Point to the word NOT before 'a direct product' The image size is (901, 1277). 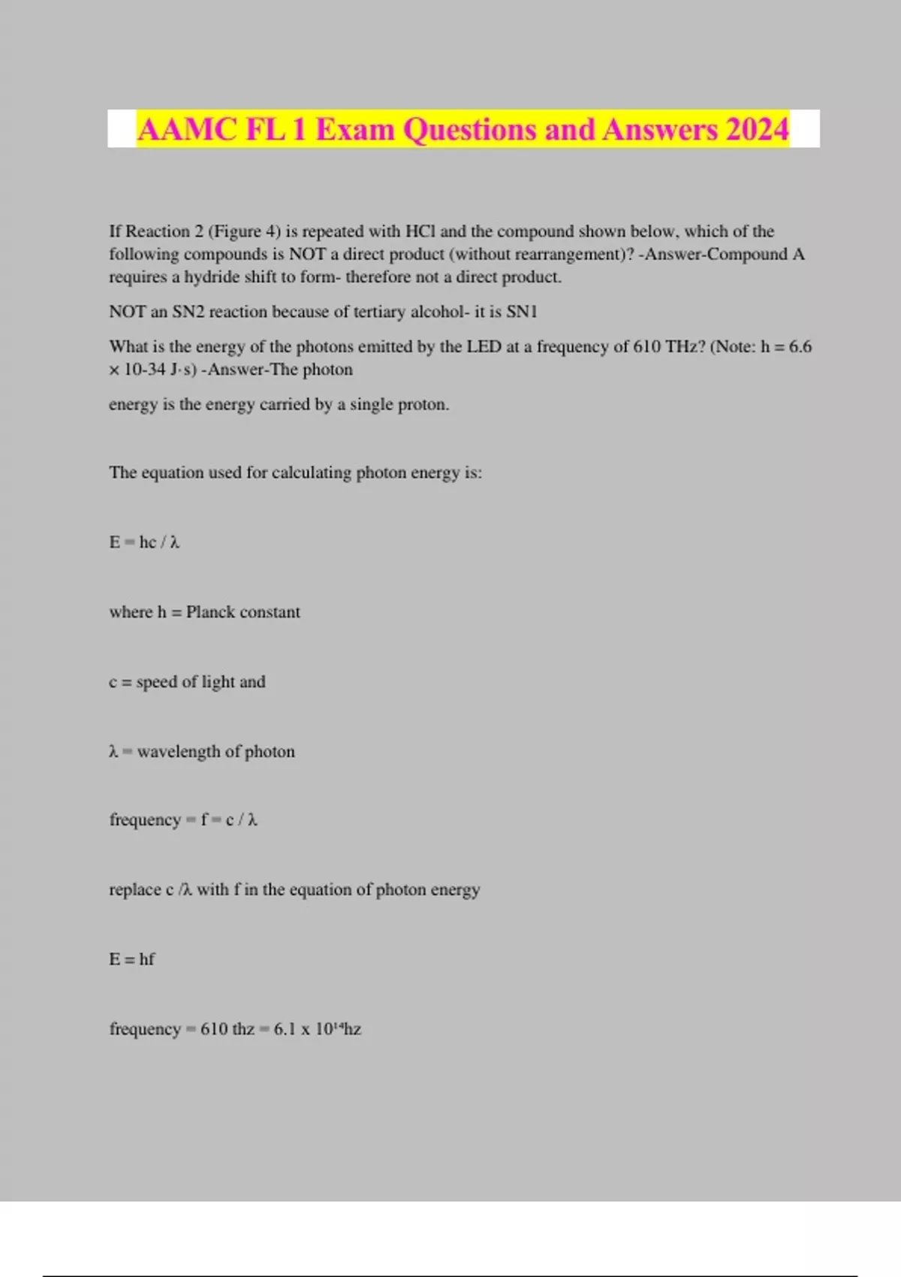307,254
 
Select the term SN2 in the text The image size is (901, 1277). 188,312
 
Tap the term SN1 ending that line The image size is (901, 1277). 522,312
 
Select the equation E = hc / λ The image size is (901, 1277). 144,542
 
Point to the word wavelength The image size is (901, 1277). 179,751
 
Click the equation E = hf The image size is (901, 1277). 132,959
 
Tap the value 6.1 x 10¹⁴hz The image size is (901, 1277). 317,1028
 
